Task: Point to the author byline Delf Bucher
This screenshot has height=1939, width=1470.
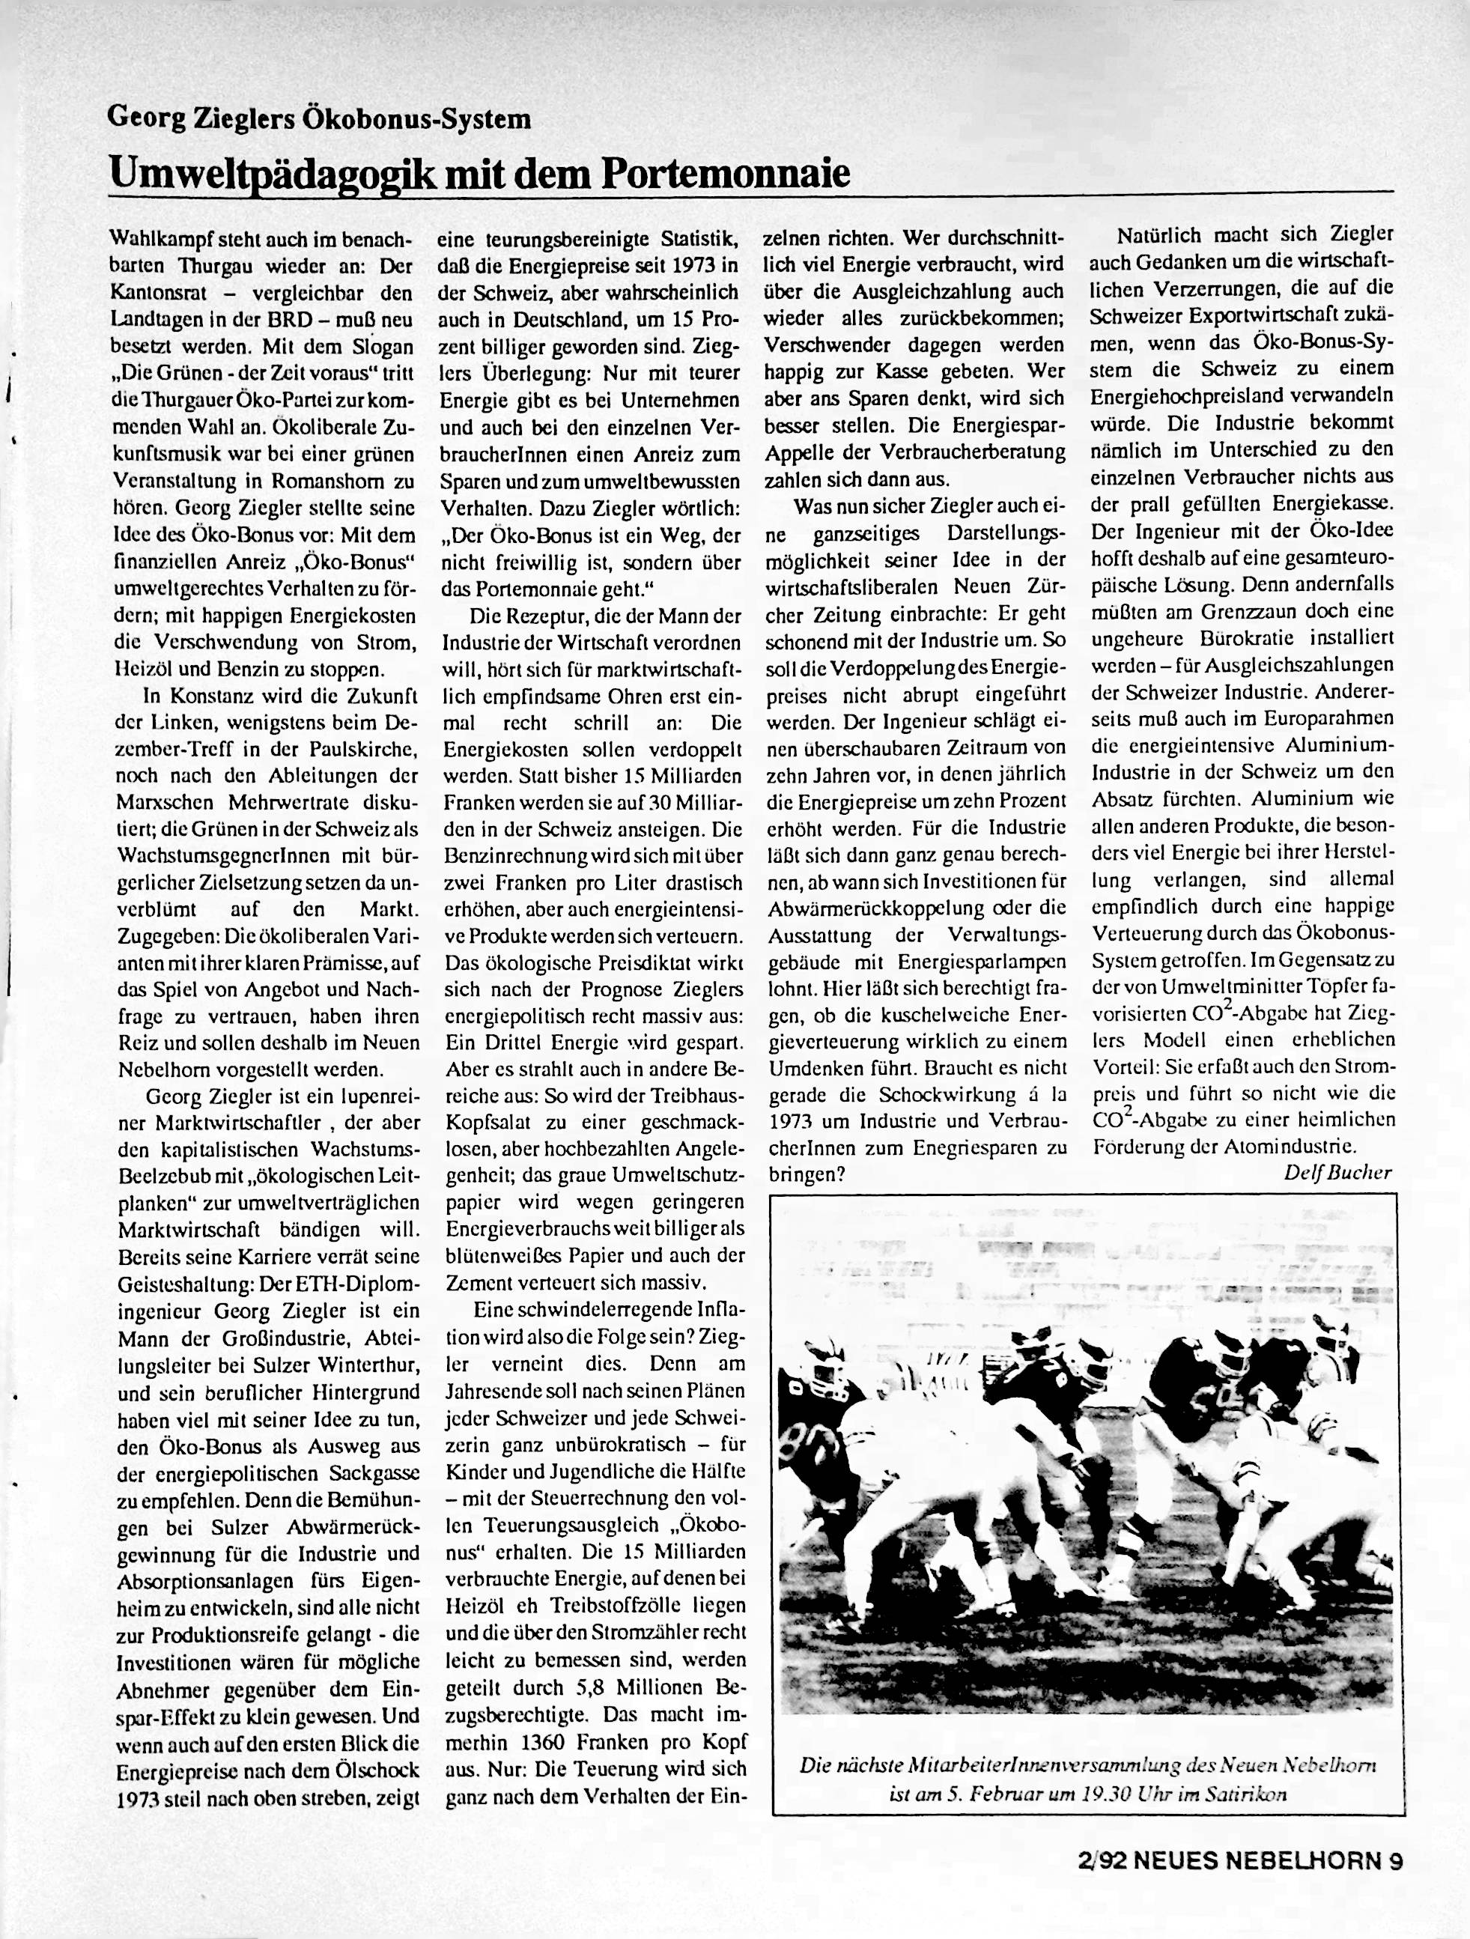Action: click(x=1337, y=1173)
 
